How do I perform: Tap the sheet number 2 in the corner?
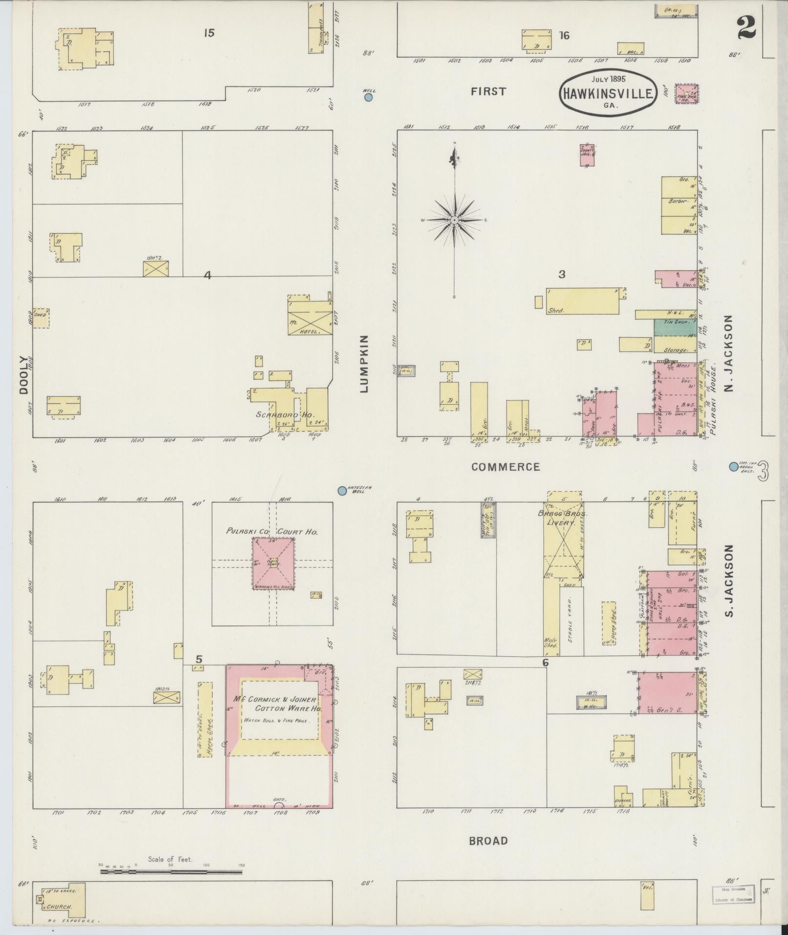click(x=746, y=27)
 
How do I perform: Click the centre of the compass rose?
click(x=454, y=220)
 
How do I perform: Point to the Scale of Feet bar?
click(x=171, y=529)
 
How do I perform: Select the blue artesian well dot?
click(x=342, y=490)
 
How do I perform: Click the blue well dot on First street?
click(x=369, y=97)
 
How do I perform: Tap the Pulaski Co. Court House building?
click(x=273, y=563)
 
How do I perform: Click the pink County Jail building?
click(x=587, y=155)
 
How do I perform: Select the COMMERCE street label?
click(x=506, y=467)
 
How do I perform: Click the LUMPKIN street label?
click(x=364, y=364)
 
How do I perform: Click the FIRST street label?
click(x=488, y=91)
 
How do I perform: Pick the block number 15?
click(x=209, y=33)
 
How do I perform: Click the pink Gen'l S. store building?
click(x=667, y=693)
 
